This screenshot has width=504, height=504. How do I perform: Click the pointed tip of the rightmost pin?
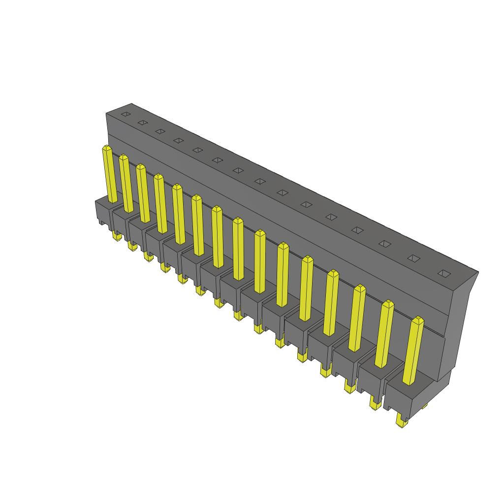[418, 320]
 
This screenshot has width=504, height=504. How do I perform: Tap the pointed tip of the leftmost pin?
[106, 148]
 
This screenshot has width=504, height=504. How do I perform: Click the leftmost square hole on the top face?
[125, 114]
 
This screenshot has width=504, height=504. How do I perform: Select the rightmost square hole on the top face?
[444, 273]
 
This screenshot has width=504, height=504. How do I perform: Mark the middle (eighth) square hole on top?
[259, 182]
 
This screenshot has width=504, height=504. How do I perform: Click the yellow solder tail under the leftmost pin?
[116, 237]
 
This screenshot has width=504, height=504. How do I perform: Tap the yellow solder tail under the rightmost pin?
[401, 421]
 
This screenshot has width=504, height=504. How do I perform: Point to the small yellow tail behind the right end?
[425, 406]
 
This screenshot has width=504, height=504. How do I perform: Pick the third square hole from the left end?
[159, 131]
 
